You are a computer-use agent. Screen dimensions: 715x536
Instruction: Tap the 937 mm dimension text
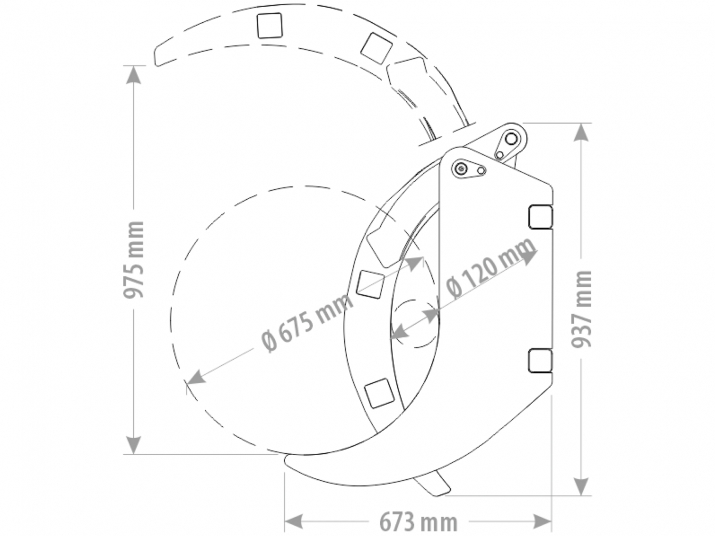tap(581, 309)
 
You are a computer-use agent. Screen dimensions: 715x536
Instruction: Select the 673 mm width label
tap(418, 522)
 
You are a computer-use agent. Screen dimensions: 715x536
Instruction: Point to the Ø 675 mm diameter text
tap(307, 322)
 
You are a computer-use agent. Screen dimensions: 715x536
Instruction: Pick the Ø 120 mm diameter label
tap(490, 268)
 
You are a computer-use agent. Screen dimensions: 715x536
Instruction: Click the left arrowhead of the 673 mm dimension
tap(294, 522)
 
